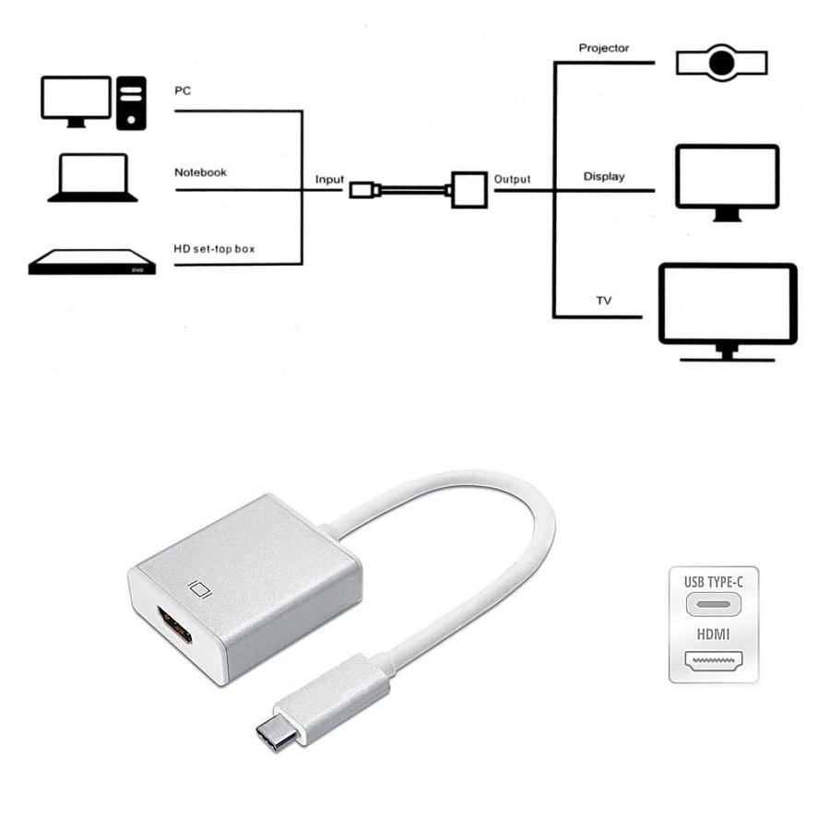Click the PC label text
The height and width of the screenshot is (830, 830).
[x=183, y=91]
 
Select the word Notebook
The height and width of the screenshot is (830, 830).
[x=200, y=172]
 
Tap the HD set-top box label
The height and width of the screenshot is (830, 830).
[x=213, y=248]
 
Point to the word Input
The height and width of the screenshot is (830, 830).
[x=329, y=179]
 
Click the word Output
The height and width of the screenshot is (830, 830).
[x=512, y=179]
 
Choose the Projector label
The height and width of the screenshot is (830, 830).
[x=604, y=48]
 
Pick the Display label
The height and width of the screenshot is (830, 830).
[x=604, y=176]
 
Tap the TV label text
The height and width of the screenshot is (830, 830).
[x=604, y=302]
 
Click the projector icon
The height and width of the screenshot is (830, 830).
[x=721, y=63]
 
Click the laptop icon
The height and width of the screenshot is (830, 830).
[x=92, y=177]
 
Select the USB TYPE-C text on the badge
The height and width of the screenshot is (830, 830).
[x=714, y=582]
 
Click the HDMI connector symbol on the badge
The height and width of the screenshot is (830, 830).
[x=714, y=660]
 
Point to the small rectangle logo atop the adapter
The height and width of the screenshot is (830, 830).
[x=199, y=587]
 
